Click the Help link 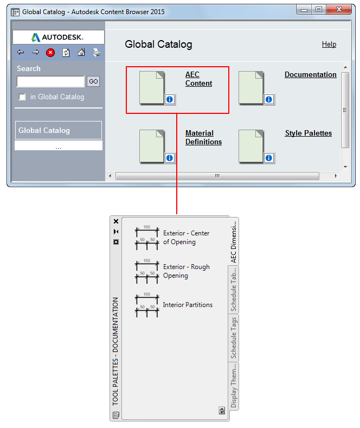[x=329, y=44]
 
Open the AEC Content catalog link [x=198, y=79]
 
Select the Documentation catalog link [x=310, y=74]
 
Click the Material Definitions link [x=203, y=137]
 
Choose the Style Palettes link [x=308, y=133]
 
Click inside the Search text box [x=50, y=81]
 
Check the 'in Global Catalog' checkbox [x=22, y=97]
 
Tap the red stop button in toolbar [x=50, y=53]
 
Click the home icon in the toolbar [x=81, y=53]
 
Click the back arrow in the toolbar [x=21, y=52]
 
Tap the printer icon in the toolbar [x=97, y=53]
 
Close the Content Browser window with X [x=339, y=10]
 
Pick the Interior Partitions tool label [x=188, y=305]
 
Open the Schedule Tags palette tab [x=234, y=337]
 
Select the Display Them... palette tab [x=234, y=386]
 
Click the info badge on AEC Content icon [x=170, y=99]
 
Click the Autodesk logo [x=57, y=37]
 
